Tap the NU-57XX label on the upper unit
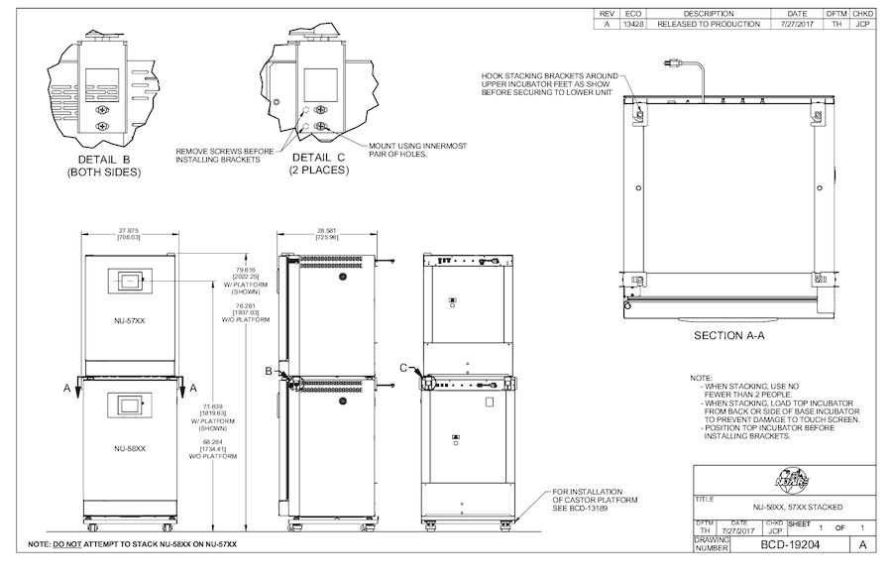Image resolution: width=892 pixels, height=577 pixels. (130, 319)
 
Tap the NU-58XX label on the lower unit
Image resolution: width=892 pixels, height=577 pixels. (130, 448)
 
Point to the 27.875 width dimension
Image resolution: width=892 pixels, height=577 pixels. (130, 231)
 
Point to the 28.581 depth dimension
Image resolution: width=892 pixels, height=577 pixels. (327, 231)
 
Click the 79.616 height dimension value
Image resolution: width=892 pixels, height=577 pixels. (245, 269)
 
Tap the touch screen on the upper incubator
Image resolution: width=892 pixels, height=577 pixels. (130, 281)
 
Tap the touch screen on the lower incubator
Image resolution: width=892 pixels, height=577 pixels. (130, 404)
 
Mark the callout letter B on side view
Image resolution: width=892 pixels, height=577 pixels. (269, 370)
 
